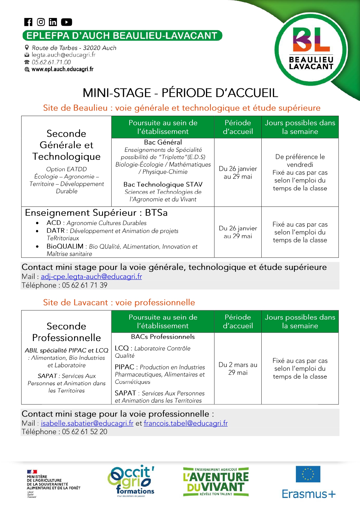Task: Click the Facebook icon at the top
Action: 28,22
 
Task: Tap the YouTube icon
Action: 66,22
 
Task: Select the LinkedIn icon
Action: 53,22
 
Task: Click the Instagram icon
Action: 41,22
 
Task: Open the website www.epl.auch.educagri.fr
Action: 62,69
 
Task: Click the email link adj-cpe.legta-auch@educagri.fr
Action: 91,277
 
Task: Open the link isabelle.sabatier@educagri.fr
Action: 87,423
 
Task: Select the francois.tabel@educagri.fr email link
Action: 186,423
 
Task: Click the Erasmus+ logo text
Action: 309,494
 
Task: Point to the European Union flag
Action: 308,474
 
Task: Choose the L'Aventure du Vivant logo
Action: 216,481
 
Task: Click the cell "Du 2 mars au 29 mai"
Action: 238,369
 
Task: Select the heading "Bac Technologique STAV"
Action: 163,184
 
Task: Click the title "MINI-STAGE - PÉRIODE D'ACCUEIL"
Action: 180,93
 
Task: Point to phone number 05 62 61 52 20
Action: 84,432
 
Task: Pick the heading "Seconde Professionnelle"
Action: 66,332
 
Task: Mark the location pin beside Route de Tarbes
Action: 27,48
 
